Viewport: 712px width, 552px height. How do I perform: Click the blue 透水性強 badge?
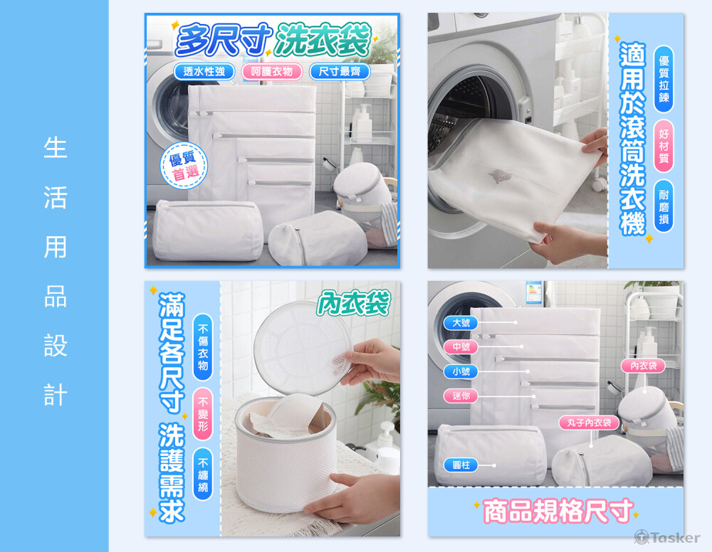pos(204,71)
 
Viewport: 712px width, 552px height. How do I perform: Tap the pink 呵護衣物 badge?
pos(271,71)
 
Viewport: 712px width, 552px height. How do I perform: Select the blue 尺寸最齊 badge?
pos(340,71)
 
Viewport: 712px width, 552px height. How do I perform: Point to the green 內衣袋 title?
pos(354,302)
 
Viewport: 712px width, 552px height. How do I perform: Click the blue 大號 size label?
pos(461,323)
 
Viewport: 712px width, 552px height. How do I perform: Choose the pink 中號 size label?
pos(461,347)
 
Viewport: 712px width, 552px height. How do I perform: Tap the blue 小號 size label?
pos(461,371)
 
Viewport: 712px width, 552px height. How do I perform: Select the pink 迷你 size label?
pos(461,396)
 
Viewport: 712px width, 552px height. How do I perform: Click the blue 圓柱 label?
pos(461,465)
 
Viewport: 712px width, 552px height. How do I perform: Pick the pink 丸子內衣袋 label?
pos(589,423)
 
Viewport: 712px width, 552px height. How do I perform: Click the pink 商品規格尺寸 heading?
pos(557,511)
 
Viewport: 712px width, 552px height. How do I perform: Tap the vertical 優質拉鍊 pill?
pos(664,78)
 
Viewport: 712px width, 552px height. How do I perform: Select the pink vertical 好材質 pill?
pos(664,146)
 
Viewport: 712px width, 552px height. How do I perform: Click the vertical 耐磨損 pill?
pos(664,206)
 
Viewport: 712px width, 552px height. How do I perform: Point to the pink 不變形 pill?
pos(202,414)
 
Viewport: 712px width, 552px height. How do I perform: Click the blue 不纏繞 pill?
pos(202,474)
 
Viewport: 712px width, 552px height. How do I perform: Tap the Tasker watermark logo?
pos(667,538)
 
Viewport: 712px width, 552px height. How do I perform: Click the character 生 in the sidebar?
pos(56,147)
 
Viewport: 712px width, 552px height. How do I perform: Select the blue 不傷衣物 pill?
pos(202,347)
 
